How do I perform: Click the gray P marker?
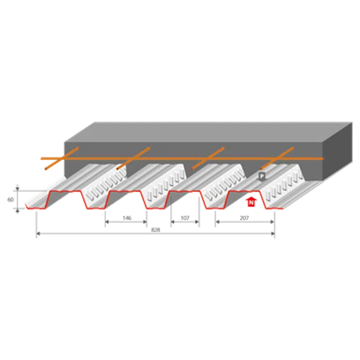tap(261, 175)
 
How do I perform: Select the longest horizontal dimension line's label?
tap(155, 230)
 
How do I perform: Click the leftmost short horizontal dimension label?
tap(125, 218)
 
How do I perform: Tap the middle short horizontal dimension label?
tap(185, 218)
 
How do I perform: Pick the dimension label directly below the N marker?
tap(244, 218)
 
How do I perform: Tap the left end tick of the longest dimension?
tap(36, 235)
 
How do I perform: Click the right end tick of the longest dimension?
tap(275, 235)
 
